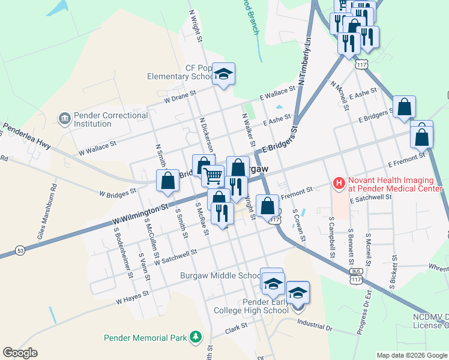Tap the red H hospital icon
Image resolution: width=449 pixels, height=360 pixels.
coord(339,182)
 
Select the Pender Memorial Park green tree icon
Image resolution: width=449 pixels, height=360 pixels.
coord(195,338)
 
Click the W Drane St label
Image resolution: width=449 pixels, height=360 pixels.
coord(179,95)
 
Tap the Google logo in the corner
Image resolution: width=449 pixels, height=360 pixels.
coord(20,353)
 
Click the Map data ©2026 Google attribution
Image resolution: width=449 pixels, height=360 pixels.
coord(412,355)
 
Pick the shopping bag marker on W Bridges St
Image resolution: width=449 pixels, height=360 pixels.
coord(167,181)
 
